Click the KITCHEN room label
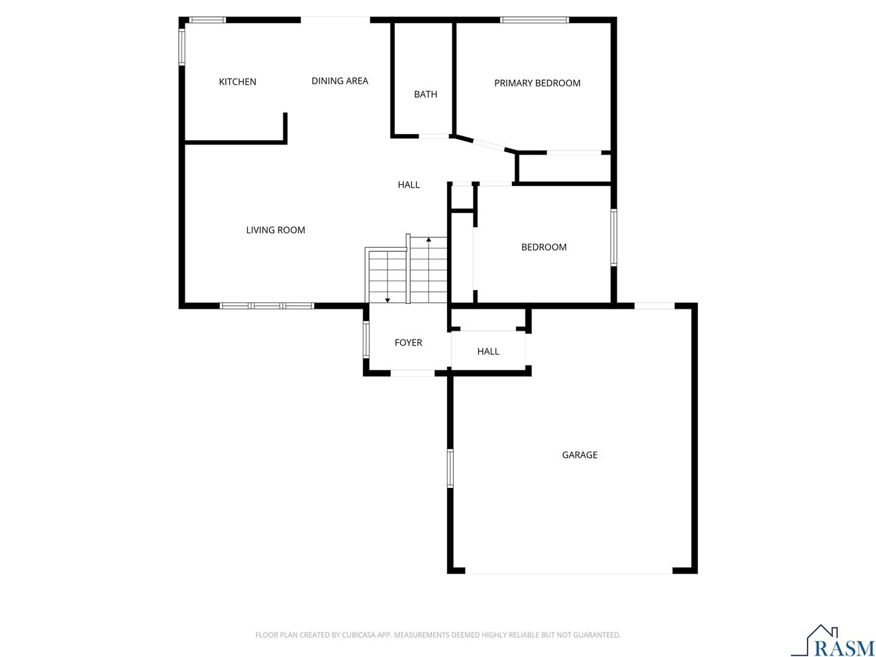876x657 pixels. coord(237,82)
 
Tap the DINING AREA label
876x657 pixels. coord(339,81)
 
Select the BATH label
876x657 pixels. coord(425,94)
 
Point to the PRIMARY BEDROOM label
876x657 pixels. coord(537,83)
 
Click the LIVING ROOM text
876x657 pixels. coord(275,230)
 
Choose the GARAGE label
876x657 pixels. coord(580,454)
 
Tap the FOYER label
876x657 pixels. coord(408,342)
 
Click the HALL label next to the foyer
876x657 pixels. coord(488,351)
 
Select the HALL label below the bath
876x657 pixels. coord(409,185)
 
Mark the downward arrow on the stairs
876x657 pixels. coord(387,299)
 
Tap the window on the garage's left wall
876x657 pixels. coord(450,468)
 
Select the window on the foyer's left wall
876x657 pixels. coord(366,339)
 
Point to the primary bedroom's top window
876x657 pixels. coord(534,20)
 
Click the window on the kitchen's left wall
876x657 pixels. coord(182,47)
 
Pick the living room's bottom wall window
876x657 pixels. coord(267,306)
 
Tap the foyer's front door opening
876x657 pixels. coord(412,373)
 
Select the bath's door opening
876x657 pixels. coord(434,136)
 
